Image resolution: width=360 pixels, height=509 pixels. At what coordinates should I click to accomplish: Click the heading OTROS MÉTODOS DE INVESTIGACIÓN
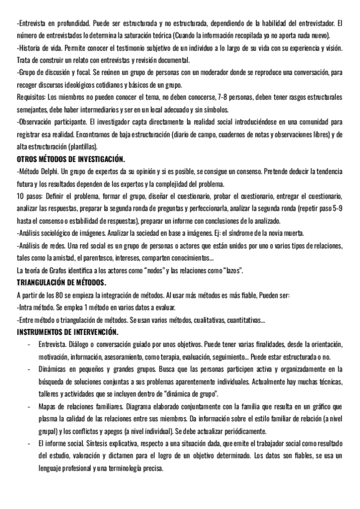tap(71, 159)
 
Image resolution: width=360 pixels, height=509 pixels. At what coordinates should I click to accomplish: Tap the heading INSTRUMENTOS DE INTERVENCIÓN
tap(68, 332)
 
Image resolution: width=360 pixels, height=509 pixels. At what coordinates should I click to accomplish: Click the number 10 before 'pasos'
tap(21, 196)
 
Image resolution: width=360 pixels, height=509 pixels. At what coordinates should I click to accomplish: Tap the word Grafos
tap(59, 270)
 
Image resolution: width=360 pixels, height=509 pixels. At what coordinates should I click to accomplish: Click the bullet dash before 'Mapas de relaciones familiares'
tap(29, 406)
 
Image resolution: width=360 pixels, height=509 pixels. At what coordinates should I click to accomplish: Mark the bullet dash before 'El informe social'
tap(29, 443)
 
